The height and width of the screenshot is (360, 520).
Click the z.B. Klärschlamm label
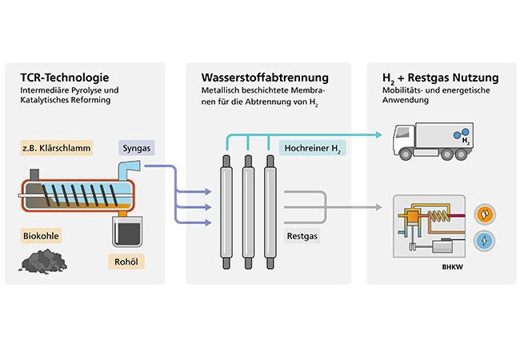coord(55,148)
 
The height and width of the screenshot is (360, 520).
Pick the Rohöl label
coord(125,261)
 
